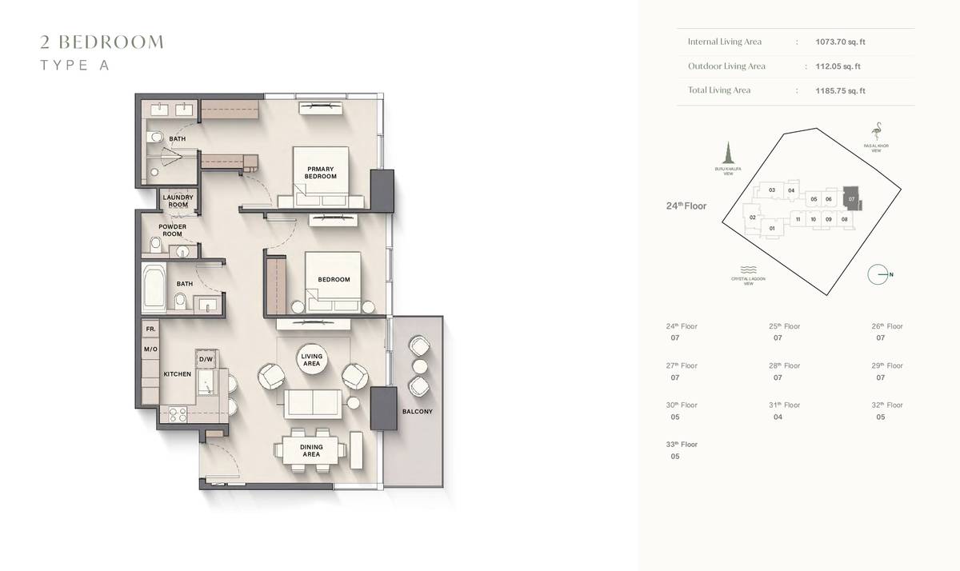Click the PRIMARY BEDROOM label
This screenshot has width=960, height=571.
[320, 172]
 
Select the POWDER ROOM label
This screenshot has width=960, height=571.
[173, 230]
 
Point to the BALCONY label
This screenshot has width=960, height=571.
[417, 412]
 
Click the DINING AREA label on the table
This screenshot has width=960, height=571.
[311, 451]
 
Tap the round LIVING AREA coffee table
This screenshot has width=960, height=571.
[311, 360]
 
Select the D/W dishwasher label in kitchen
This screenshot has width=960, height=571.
[206, 360]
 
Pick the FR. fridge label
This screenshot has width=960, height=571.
[150, 329]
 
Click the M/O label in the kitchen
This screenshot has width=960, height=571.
[150, 349]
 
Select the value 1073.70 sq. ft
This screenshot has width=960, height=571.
[838, 42]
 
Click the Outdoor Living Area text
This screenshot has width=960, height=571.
[726, 66]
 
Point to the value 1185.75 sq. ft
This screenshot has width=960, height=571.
[838, 91]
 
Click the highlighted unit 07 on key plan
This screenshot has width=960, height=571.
[852, 198]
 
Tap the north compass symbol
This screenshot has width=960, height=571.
[879, 274]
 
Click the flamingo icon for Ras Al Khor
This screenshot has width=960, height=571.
[877, 130]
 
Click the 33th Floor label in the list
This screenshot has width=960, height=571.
[682, 445]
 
